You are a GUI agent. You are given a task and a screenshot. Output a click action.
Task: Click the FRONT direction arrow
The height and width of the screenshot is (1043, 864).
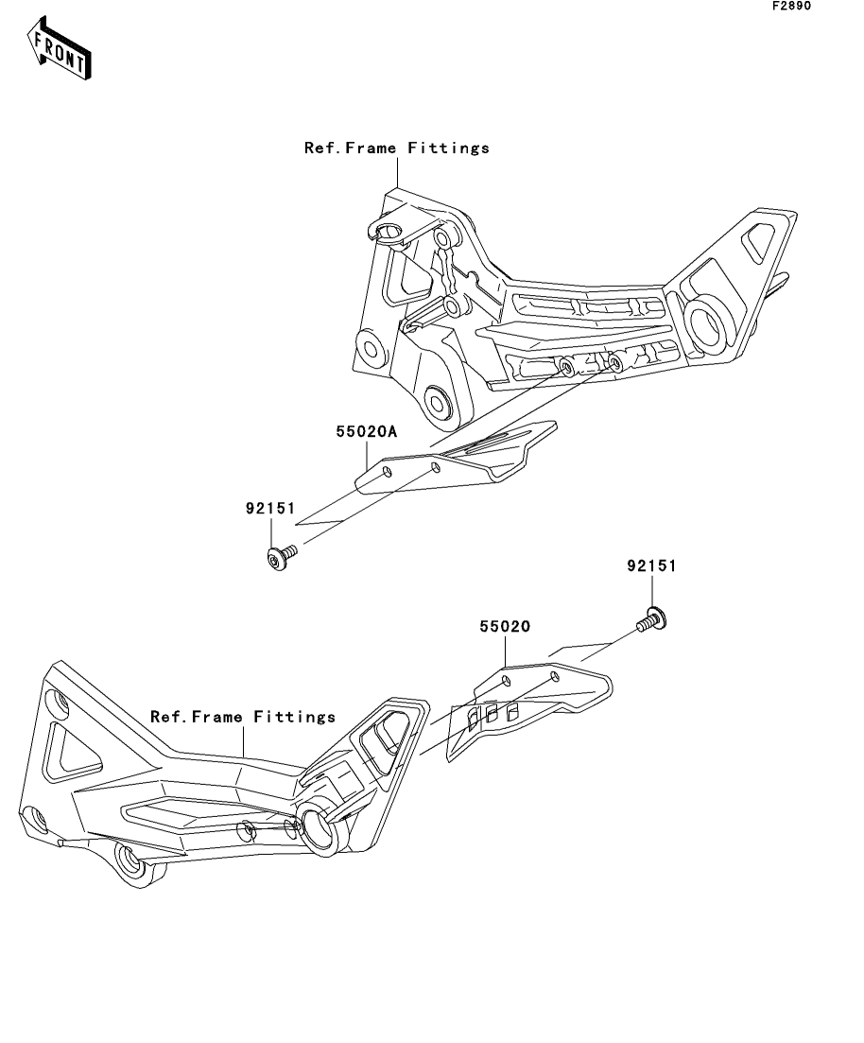point(59,48)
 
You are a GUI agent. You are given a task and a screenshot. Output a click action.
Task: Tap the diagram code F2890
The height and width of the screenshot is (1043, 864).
point(791,6)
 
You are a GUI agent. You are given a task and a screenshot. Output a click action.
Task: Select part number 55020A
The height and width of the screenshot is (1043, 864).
point(366,432)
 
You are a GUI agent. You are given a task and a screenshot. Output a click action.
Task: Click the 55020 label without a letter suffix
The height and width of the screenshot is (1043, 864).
point(505,627)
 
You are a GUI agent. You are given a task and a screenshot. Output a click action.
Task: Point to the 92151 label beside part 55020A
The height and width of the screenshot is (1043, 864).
point(270,508)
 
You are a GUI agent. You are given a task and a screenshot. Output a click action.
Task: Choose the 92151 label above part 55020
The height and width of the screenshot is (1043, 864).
point(651,566)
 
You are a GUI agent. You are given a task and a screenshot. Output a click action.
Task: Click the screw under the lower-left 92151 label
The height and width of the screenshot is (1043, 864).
point(281,557)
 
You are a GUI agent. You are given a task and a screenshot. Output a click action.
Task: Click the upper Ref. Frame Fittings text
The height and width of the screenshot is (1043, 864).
point(396,148)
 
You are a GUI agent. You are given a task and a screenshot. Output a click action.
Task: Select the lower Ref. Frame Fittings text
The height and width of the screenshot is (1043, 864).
point(243,717)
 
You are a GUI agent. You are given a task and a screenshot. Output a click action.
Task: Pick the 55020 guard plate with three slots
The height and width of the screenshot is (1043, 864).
point(528,708)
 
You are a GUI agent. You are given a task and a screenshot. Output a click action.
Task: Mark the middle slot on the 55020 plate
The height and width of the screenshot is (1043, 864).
point(492,714)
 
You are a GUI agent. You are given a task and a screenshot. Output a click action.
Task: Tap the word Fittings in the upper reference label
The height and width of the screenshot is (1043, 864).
point(448,148)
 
